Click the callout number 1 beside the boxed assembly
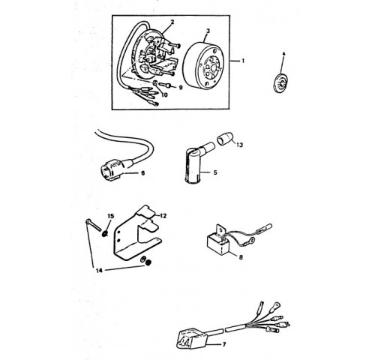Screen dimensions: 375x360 (x=242, y=61)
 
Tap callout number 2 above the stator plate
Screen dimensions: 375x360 (x=172, y=22)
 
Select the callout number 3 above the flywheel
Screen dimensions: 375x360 (x=208, y=31)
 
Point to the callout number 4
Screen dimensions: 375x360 (x=283, y=54)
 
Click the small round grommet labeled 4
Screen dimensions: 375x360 (x=280, y=83)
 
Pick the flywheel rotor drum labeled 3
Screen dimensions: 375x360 (x=203, y=64)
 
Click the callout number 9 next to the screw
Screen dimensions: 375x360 (x=180, y=88)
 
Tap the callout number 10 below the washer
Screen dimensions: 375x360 (x=164, y=95)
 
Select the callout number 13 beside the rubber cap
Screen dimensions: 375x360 (x=239, y=145)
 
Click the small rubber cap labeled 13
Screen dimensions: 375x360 (x=224, y=139)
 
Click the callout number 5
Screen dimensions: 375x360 (x=215, y=172)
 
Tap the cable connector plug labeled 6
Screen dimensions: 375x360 (x=114, y=167)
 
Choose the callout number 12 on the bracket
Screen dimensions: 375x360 (x=163, y=216)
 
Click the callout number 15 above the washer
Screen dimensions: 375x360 (x=111, y=216)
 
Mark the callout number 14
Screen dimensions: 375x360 (x=99, y=270)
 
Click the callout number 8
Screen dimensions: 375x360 (x=241, y=257)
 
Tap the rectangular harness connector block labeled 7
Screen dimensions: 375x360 (x=191, y=338)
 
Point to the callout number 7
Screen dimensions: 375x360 (x=224, y=344)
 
